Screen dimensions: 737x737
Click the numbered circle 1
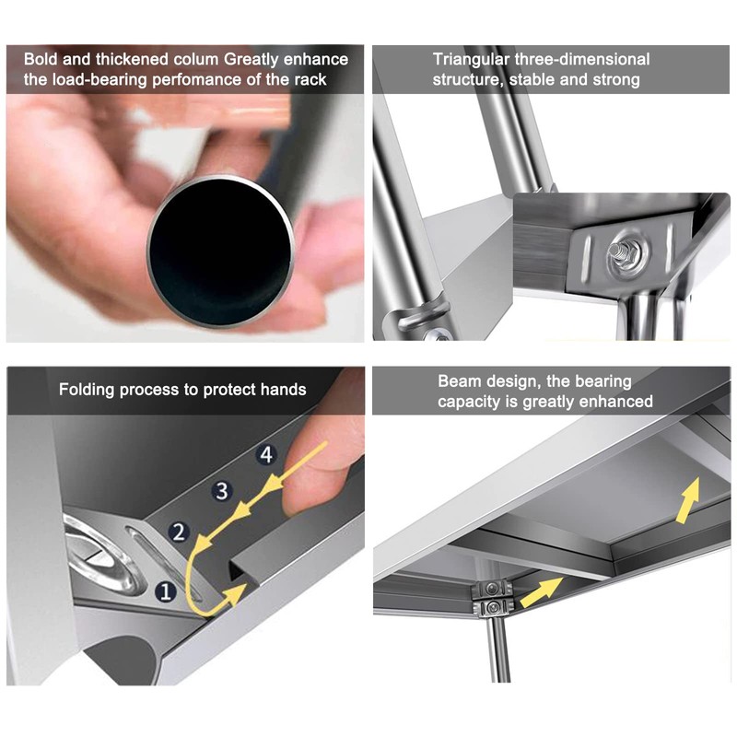(x=166, y=591)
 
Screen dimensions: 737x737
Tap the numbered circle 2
(x=179, y=532)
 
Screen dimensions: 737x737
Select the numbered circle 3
(x=222, y=491)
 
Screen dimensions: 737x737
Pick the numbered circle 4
(x=266, y=454)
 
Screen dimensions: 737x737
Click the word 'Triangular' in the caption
(x=471, y=59)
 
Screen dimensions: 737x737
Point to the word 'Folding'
(x=87, y=390)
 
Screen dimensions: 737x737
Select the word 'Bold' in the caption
(x=41, y=59)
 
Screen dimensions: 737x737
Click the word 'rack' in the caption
(x=310, y=79)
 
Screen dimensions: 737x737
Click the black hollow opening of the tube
(x=219, y=252)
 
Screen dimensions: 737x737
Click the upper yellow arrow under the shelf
(x=687, y=500)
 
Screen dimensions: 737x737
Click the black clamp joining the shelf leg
(x=491, y=599)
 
